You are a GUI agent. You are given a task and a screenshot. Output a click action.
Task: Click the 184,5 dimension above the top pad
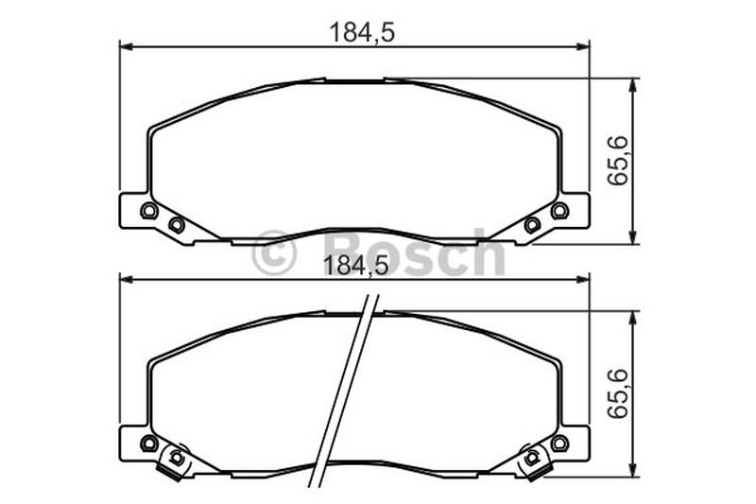pos(362,33)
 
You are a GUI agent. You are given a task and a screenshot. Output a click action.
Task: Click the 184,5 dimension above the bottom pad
pos(356,266)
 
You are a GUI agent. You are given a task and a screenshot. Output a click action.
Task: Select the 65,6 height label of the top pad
pos(618,161)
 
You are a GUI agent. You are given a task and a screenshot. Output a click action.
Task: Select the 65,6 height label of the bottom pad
pos(618,393)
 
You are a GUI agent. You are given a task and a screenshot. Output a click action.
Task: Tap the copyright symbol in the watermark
pos(273,252)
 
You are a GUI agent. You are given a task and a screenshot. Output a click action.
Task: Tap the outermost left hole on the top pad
pos(148,211)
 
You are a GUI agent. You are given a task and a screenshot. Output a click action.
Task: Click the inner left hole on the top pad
pos(177,225)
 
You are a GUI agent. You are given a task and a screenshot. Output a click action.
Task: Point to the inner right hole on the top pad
pos(532,225)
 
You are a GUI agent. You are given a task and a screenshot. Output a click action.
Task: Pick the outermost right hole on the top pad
pos(559,211)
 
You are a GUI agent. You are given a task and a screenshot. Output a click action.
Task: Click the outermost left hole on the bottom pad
pos(148,443)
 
